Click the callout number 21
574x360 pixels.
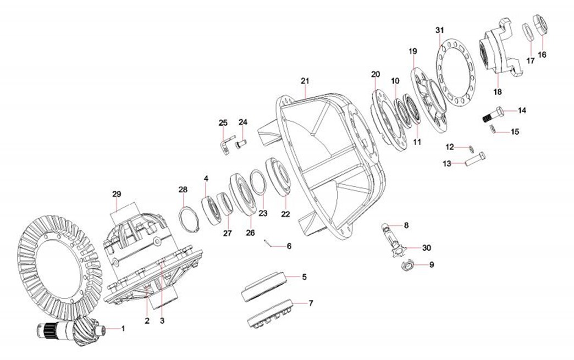pos(305,81)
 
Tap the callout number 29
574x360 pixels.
pos(117,194)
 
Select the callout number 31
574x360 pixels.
pos(439,29)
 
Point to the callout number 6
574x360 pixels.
pos(289,246)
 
